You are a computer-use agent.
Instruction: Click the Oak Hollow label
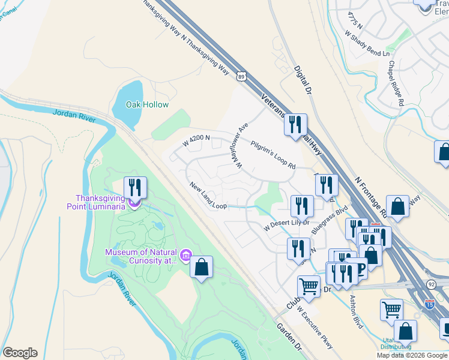point(147,104)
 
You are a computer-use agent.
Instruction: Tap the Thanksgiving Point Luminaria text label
point(100,202)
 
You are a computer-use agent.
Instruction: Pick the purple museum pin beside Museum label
point(186,257)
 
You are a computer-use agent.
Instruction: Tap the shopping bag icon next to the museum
point(202,267)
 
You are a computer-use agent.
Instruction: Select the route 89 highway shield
point(241,76)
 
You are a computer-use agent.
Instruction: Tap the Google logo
point(20,353)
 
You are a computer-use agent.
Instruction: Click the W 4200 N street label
point(196,142)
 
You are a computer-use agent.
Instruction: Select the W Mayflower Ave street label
point(241,145)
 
